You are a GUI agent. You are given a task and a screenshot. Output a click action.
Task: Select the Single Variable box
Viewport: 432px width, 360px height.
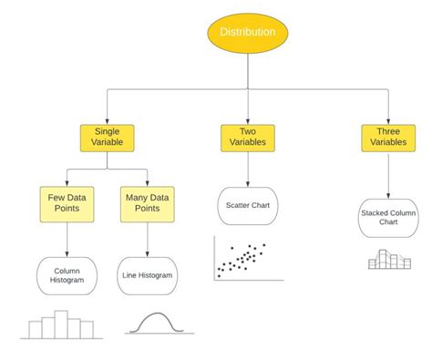[107, 138]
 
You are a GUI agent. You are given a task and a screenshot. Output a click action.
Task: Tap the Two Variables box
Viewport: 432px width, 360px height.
[246, 138]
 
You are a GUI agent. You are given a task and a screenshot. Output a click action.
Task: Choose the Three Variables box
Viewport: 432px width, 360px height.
[386, 138]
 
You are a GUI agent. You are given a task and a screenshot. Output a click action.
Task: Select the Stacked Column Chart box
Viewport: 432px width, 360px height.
[387, 217]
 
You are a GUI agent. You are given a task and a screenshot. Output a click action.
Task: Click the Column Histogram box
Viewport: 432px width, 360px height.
[67, 274]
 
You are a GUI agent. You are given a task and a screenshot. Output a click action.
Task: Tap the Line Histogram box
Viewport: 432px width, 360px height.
[147, 274]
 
